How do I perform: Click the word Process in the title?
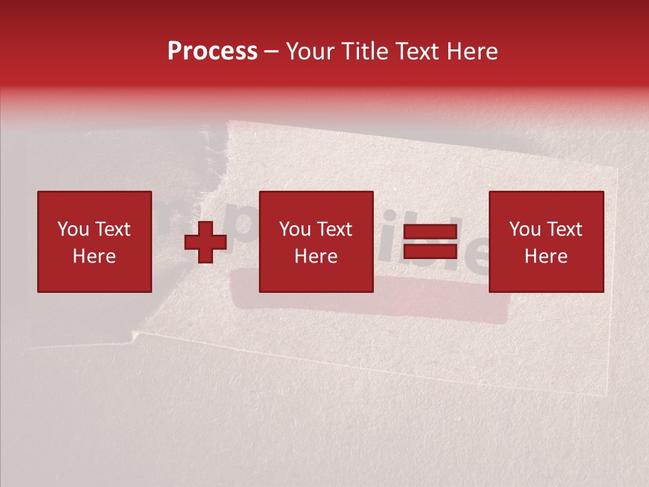click(x=212, y=51)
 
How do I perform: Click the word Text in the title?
click(x=414, y=51)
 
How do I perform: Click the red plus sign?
click(x=206, y=242)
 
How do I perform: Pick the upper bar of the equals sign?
click(x=430, y=232)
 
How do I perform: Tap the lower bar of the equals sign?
click(x=430, y=252)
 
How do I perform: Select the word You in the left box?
click(x=73, y=229)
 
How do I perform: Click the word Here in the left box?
click(x=94, y=256)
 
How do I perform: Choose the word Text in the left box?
click(x=112, y=229)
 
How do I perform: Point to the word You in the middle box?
click(x=295, y=229)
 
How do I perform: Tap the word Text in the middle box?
click(x=334, y=229)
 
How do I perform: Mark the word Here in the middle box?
click(x=316, y=256)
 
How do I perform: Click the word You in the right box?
click(x=525, y=229)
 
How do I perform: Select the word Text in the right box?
click(x=564, y=229)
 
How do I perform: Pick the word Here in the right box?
click(x=546, y=256)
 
